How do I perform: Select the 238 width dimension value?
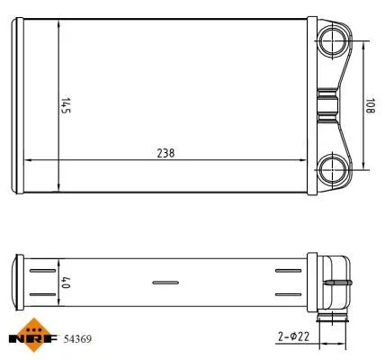point(165,153)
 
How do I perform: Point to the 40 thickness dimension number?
point(65,282)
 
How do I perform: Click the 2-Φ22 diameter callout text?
point(291,337)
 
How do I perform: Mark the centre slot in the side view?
point(166,283)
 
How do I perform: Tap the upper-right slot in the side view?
point(287,270)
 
